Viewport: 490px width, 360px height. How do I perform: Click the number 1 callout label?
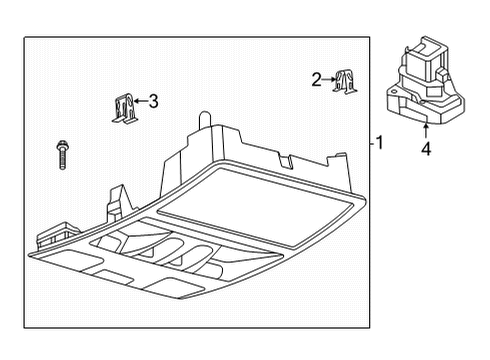(379, 143)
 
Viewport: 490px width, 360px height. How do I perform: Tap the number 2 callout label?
(317, 79)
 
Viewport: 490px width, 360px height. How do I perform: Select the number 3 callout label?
(153, 100)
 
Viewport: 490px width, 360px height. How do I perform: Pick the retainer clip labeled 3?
(123, 107)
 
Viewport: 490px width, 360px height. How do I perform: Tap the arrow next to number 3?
(141, 100)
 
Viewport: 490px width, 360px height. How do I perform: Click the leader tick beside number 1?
(369, 143)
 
